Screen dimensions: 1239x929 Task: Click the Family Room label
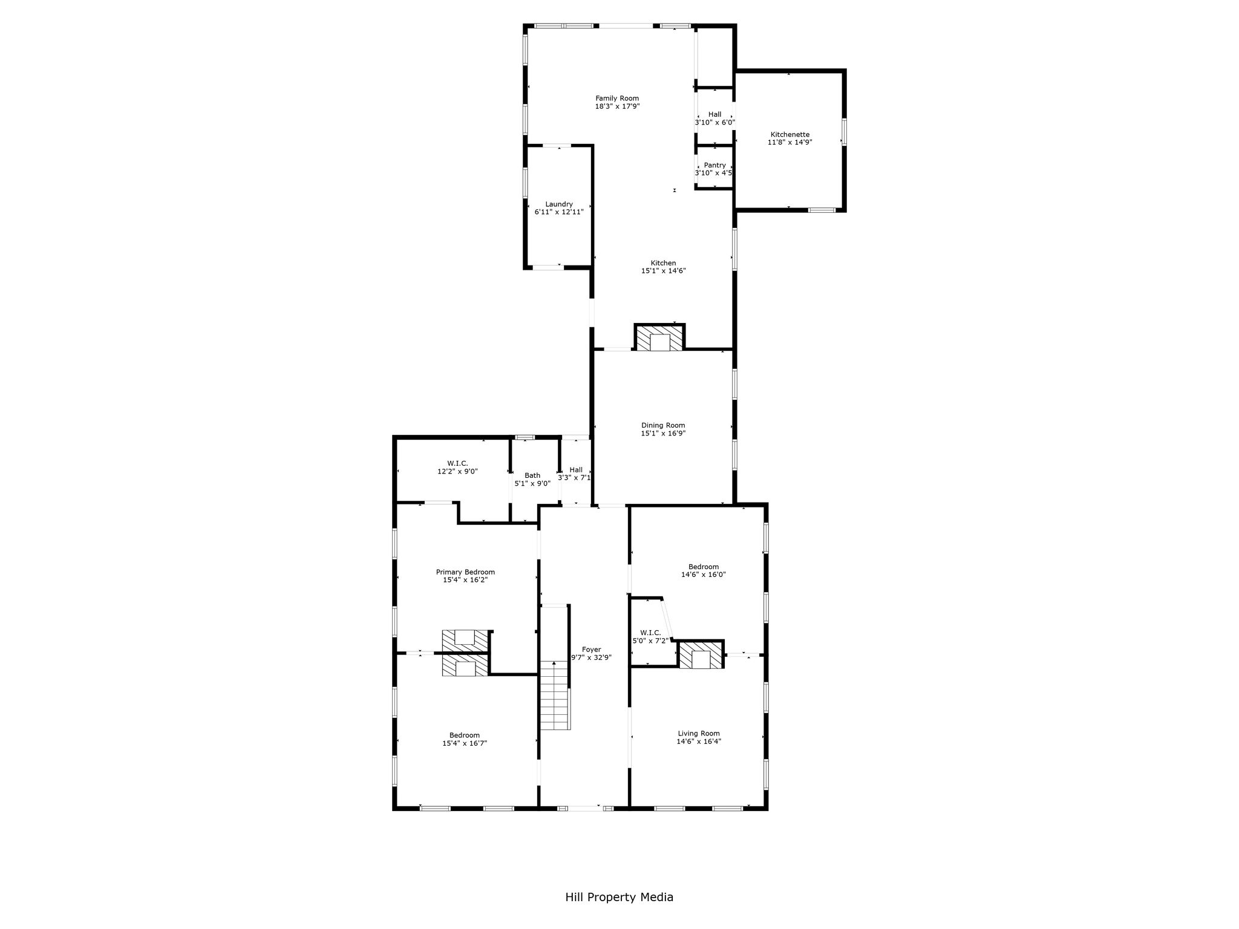click(617, 99)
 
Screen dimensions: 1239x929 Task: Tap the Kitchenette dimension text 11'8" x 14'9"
click(789, 143)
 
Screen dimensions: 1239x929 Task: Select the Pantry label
click(715, 165)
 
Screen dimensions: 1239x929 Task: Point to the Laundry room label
click(559, 204)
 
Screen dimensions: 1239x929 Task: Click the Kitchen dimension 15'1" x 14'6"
click(663, 271)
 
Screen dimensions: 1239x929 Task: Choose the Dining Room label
click(663, 425)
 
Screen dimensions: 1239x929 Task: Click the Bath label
click(532, 475)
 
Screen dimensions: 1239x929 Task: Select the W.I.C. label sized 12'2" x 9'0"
click(457, 463)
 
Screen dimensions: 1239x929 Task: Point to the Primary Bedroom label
click(465, 572)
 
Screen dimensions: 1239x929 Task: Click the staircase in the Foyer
click(555, 695)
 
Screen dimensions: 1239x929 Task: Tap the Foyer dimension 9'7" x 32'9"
click(592, 657)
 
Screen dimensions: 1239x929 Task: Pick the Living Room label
click(699, 734)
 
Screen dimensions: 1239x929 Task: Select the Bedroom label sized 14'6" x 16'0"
click(704, 567)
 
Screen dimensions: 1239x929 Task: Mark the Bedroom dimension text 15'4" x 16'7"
click(465, 743)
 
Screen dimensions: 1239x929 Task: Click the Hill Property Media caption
click(619, 897)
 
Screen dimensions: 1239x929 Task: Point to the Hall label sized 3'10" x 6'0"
click(714, 114)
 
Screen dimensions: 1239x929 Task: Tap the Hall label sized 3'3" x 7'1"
click(576, 470)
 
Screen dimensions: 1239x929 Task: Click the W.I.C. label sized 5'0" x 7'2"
click(650, 633)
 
